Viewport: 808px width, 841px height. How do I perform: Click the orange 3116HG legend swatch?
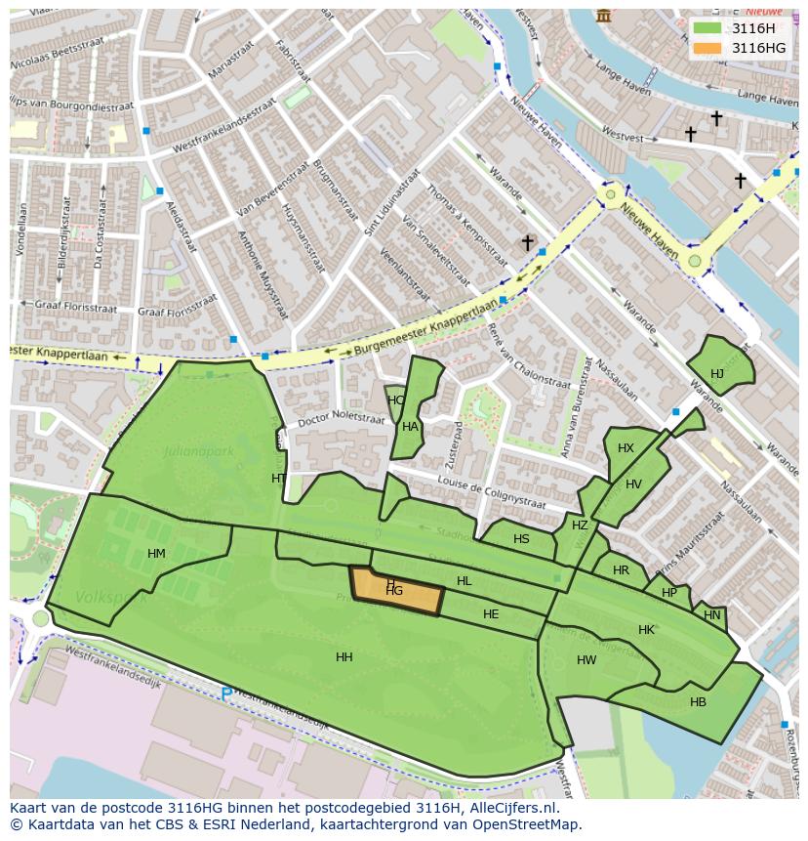[708, 48]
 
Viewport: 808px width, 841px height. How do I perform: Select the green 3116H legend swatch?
[708, 28]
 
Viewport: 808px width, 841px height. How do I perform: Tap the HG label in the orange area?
[394, 591]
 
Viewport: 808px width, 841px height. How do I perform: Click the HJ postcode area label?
[717, 374]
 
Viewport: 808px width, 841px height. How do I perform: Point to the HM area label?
[156, 554]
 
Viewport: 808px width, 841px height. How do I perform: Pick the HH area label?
[344, 657]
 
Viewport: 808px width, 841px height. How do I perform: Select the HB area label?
[698, 702]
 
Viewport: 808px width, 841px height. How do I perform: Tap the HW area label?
[586, 660]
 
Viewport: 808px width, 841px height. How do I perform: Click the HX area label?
[626, 448]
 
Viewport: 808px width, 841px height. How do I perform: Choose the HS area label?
[521, 539]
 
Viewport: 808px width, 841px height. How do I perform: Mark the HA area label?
[410, 427]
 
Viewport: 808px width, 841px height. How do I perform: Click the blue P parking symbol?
[226, 694]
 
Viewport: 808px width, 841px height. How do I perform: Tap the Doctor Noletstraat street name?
[340, 417]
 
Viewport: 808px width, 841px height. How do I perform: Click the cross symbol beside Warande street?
[527, 242]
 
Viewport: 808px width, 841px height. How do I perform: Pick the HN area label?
[712, 615]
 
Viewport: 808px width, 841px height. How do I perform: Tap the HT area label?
[279, 479]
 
